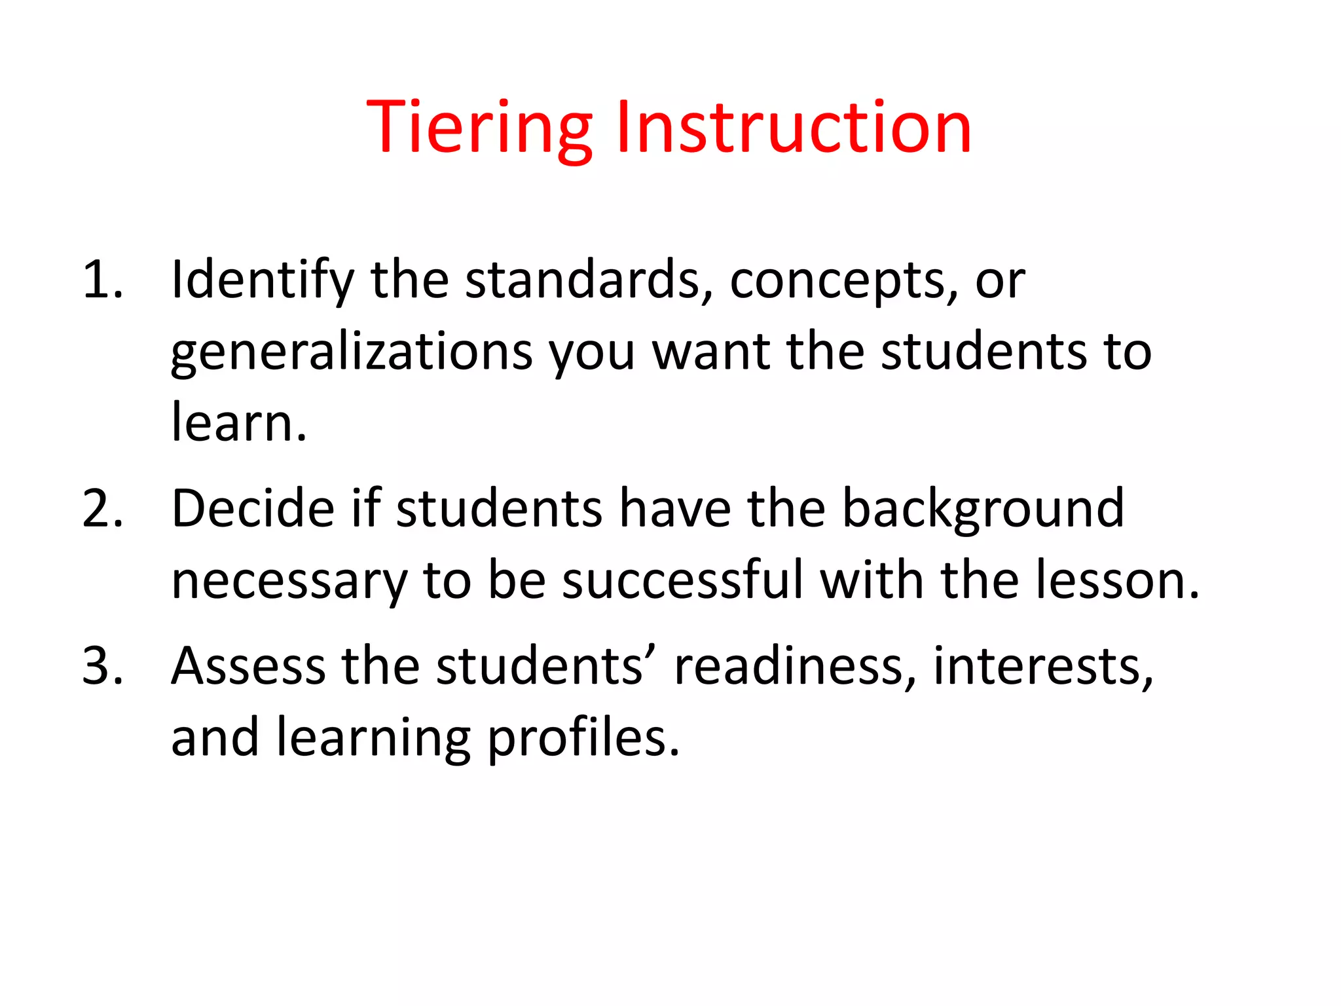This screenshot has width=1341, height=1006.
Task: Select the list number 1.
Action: tap(102, 280)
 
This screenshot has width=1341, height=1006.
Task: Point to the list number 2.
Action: tap(102, 509)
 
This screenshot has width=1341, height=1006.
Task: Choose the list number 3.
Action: tap(102, 666)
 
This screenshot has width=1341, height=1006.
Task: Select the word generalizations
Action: tap(352, 352)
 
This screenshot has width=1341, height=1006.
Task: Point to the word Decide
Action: tap(253, 509)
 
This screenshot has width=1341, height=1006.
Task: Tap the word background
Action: tap(982, 509)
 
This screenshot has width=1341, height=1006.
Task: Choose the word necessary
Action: tap(289, 582)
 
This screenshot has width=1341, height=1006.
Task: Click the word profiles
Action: tap(583, 739)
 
